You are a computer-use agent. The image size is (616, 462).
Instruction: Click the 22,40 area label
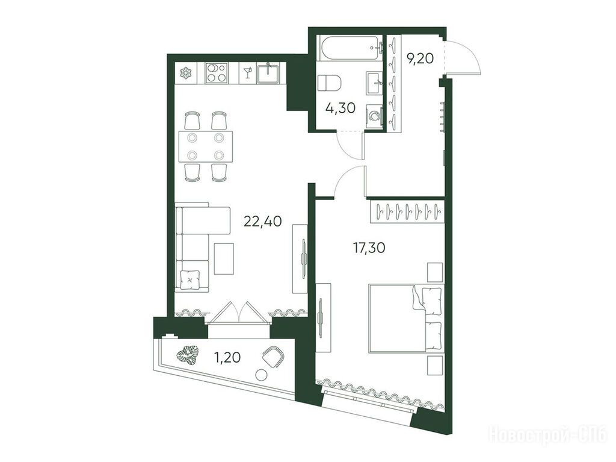point(262,222)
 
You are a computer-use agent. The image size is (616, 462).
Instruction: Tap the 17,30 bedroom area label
point(369,248)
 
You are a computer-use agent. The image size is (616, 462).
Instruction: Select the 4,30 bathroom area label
point(340,107)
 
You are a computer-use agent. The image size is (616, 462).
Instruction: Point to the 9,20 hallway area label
point(420,59)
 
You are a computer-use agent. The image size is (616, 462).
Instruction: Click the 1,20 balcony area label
point(227,357)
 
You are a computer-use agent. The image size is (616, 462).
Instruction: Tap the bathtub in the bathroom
point(350,48)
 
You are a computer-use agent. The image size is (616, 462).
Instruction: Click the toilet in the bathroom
point(329,83)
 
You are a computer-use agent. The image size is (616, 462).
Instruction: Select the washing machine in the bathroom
point(374,116)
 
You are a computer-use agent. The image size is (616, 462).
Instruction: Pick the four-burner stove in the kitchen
point(217,73)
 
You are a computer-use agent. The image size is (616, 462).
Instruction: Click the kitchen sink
point(268,74)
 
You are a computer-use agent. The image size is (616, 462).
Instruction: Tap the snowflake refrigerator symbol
point(185,73)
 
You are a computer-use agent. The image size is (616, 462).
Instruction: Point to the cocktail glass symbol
point(247,73)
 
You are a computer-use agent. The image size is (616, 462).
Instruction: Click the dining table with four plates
point(206,146)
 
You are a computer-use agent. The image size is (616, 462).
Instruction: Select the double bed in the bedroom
point(406,318)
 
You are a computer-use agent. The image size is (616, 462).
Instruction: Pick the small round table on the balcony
point(260,375)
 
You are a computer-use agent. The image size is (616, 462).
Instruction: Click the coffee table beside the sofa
point(224,258)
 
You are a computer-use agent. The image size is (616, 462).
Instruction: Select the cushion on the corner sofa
point(190,280)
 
